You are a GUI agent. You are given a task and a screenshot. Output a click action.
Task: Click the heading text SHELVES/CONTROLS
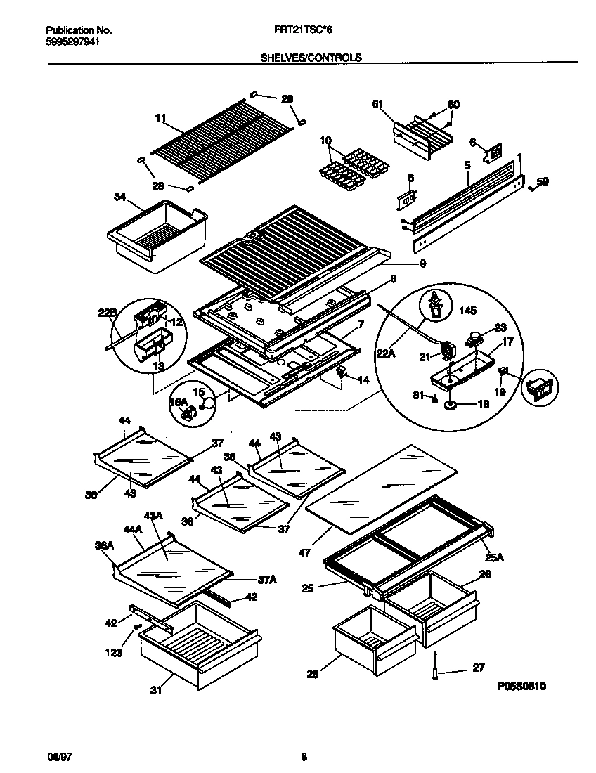311,58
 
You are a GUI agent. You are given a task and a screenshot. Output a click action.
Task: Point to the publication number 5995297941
72,41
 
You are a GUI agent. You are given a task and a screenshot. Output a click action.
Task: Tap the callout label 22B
107,313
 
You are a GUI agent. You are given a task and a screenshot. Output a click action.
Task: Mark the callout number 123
115,653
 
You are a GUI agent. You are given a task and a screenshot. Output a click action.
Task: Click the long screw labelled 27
435,668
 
